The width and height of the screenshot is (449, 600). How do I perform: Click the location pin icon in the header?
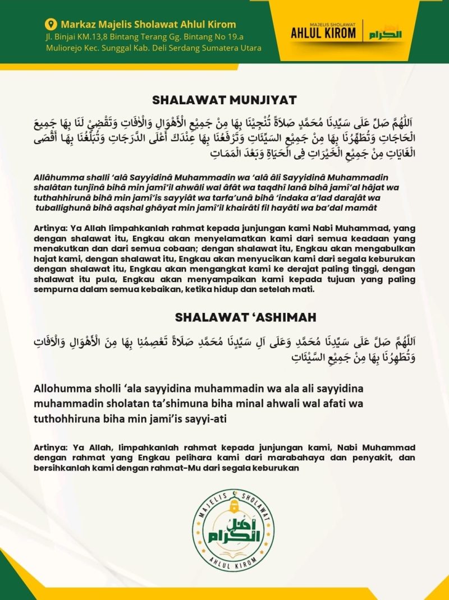coord(51,24)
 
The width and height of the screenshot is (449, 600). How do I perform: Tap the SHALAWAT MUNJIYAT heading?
coord(224,100)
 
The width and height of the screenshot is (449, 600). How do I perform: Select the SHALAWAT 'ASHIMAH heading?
coord(245,317)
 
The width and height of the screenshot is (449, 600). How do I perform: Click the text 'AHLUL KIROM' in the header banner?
coord(323,33)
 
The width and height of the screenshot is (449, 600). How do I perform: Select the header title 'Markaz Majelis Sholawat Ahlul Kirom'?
coord(148,24)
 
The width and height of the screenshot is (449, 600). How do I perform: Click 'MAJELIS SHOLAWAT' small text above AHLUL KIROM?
coord(323,24)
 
